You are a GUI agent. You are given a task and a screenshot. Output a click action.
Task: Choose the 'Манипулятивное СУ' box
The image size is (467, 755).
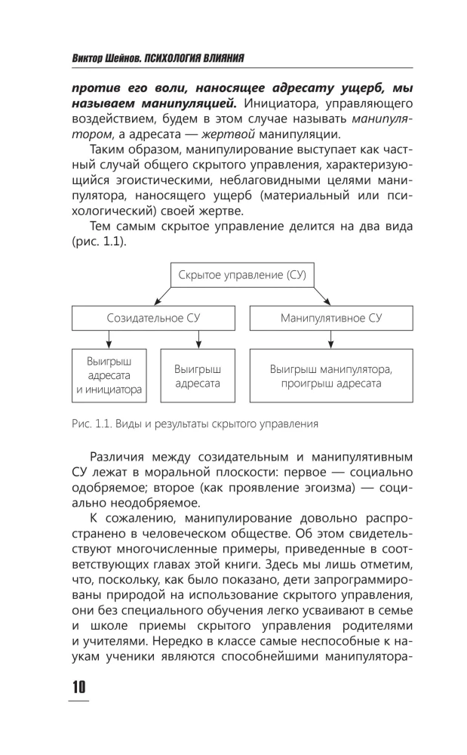331,317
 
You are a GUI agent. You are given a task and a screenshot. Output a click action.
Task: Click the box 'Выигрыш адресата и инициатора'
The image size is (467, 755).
109,375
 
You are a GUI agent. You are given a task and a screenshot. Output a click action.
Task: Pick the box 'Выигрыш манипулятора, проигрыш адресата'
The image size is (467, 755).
331,376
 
